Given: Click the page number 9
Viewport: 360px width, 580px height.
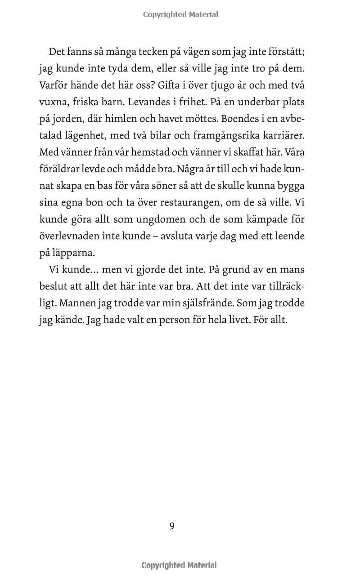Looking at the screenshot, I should tap(172, 526).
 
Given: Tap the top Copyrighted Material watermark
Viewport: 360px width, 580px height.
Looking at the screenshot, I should tap(180, 14).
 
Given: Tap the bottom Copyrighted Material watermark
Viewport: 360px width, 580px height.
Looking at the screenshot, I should tap(179, 566).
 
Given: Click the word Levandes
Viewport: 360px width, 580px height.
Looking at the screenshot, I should tap(148, 102).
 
